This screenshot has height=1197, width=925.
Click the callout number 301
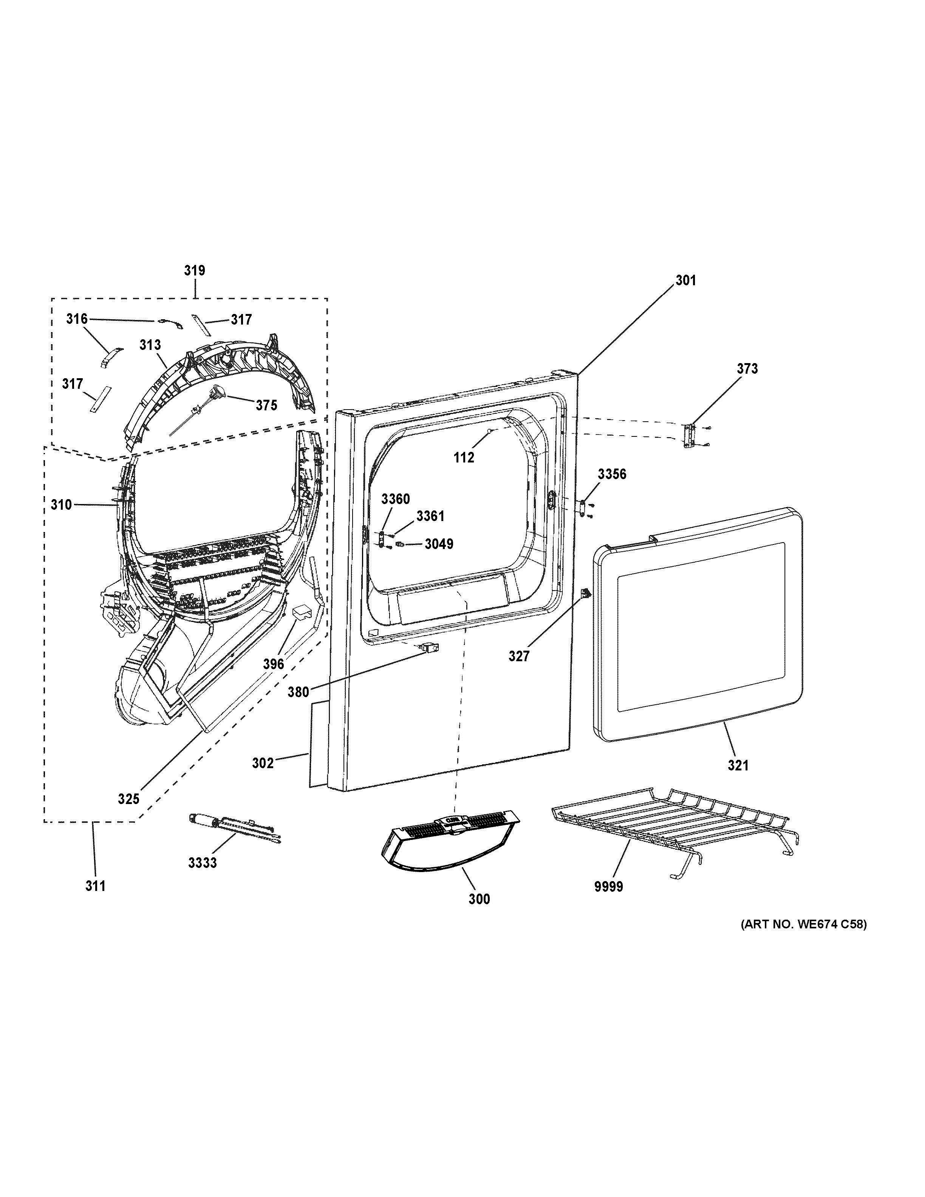685,281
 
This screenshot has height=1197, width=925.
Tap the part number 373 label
747,368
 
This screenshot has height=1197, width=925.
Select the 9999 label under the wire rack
609,886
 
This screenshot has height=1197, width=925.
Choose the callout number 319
195,270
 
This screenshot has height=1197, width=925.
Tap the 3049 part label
439,544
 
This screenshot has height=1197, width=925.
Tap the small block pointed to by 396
300,612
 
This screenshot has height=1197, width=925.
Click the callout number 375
266,405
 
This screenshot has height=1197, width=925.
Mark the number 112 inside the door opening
464,457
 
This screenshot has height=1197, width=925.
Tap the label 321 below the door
738,765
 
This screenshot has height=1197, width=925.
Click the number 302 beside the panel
263,763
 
